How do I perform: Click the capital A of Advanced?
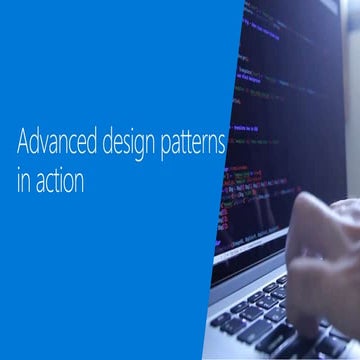[x=23, y=141]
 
